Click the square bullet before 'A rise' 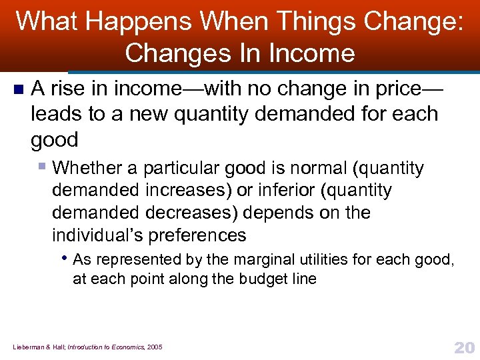[17, 89]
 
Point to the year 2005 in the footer [155, 347]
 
